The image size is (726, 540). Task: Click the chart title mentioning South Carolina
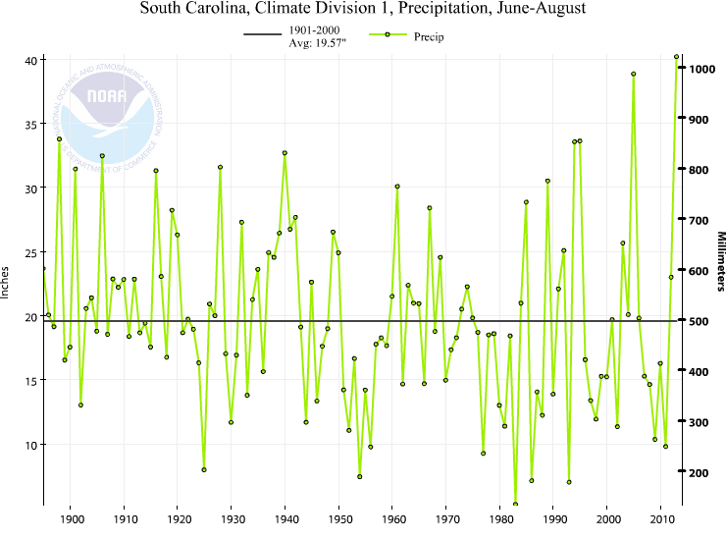[362, 11]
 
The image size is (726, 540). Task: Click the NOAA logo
[106, 103]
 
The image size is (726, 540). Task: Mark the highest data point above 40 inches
[676, 57]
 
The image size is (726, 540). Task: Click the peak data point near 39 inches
[634, 74]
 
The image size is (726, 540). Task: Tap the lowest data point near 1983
[515, 505]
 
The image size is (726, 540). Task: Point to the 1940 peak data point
[285, 152]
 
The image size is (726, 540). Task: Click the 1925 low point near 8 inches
[204, 469]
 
